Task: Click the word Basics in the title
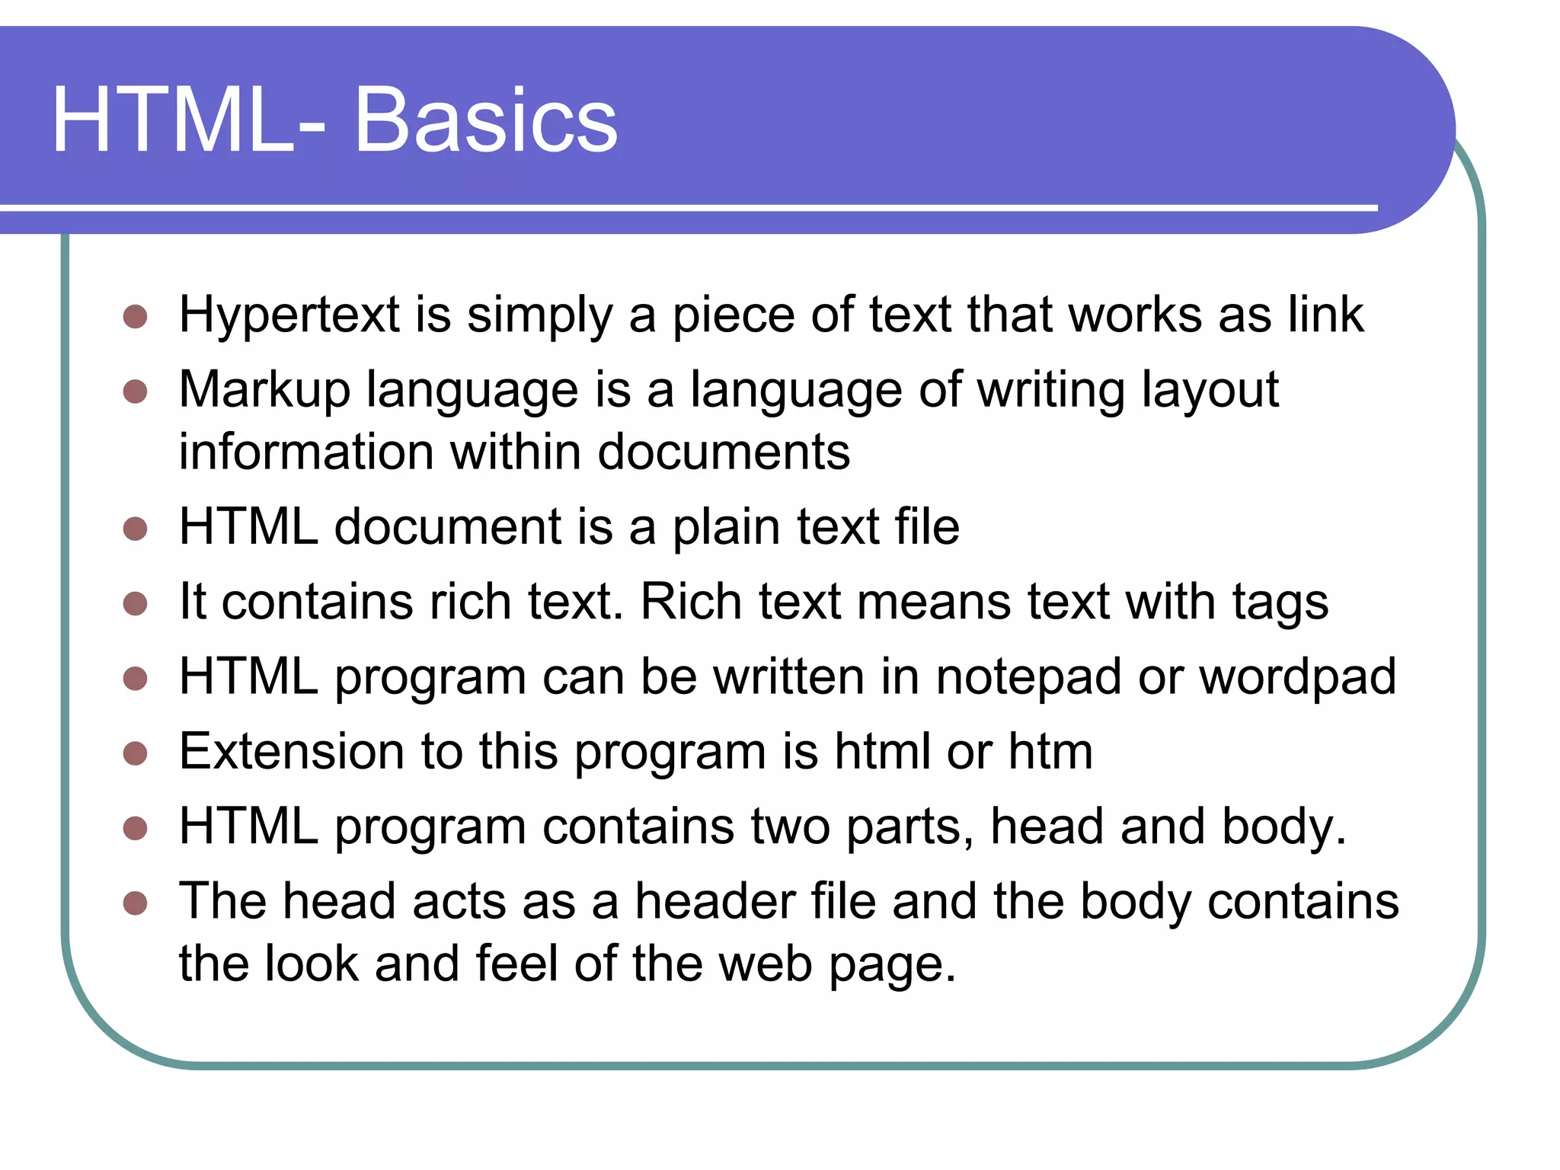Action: (x=485, y=120)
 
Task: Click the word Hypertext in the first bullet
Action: (x=289, y=315)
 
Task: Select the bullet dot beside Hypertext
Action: (x=135, y=317)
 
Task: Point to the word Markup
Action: (x=264, y=391)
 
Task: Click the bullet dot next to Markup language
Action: (x=135, y=392)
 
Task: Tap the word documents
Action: (x=723, y=452)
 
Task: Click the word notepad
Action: (x=1028, y=677)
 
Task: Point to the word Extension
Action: (x=292, y=752)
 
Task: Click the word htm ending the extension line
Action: (x=1050, y=752)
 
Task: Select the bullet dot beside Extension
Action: (x=135, y=753)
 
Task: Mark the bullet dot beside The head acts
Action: (x=135, y=903)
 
